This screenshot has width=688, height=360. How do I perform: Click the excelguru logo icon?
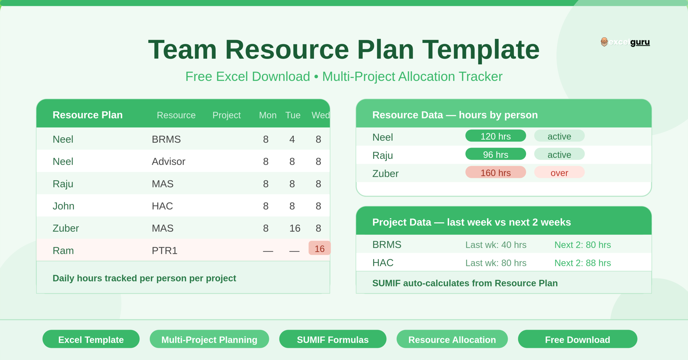coord(604,42)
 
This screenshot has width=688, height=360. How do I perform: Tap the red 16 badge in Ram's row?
coord(319,249)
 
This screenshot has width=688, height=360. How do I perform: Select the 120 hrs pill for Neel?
coord(495,136)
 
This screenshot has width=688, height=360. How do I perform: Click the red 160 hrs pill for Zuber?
coord(495,173)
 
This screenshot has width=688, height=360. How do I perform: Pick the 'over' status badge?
coord(559,173)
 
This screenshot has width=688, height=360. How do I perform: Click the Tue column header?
coord(293,115)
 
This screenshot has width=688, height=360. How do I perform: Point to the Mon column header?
coord(268,115)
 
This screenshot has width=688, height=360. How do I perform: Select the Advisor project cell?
coord(169,161)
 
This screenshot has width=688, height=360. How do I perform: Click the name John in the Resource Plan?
coord(63,206)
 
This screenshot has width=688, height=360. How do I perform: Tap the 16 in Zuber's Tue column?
coord(295,228)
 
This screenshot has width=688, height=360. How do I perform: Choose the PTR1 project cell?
coord(164,250)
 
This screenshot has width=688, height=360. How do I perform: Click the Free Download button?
coord(577,339)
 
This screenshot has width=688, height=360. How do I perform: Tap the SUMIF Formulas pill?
coord(333,339)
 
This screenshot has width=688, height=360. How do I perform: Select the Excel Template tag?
coord(91,339)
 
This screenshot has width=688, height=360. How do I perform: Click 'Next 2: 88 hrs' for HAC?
coord(582,263)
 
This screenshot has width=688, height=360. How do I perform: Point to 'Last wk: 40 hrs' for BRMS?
coord(496,245)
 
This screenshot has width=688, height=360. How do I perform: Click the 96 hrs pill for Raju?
coord(495,154)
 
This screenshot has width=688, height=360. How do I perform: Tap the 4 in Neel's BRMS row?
coord(292,139)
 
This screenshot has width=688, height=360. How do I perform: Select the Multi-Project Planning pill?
coord(209,339)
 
